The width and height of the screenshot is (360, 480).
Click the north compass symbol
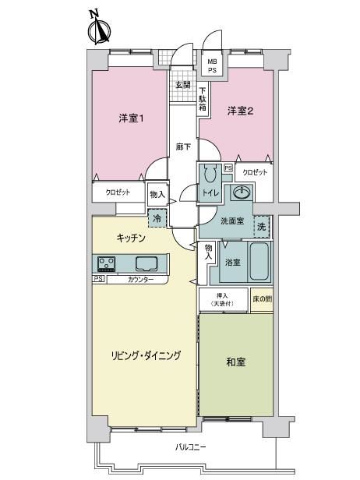[99, 27]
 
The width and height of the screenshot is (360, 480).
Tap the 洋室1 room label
[132, 118]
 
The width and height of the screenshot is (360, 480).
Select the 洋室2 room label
[240, 111]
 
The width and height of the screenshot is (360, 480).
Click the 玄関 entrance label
[183, 85]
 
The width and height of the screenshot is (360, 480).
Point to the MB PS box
[212, 65]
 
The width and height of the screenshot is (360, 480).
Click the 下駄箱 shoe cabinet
[203, 99]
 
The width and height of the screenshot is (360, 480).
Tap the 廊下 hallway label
[183, 147]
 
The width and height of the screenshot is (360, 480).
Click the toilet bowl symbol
[210, 173]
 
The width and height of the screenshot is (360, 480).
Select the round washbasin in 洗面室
[242, 192]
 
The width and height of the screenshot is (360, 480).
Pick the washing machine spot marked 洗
[262, 227]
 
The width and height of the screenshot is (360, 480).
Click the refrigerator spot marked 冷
[157, 218]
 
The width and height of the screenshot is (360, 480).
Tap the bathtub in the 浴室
[259, 261]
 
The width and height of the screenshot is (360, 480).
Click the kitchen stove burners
[106, 264]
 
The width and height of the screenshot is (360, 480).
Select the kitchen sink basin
[146, 263]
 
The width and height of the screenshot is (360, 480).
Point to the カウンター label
[140, 279]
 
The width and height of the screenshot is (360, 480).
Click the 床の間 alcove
[262, 300]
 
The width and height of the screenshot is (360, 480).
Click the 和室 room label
[235, 362]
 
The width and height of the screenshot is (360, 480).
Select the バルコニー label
[190, 447]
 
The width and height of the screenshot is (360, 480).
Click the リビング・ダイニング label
[146, 355]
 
